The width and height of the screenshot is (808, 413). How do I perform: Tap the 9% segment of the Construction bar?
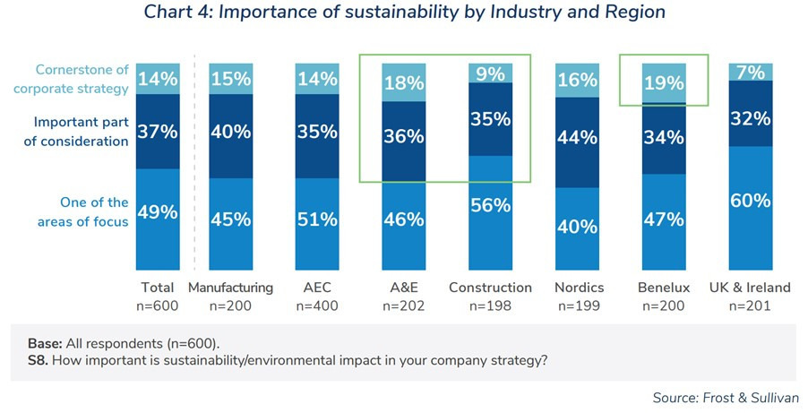(490, 73)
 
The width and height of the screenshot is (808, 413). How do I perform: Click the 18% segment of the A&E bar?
(403, 82)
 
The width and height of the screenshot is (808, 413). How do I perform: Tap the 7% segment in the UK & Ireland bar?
(751, 71)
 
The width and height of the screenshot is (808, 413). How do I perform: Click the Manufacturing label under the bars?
(230, 288)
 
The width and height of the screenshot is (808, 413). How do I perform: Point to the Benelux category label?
(664, 288)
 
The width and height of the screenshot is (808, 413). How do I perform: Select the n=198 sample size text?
(490, 305)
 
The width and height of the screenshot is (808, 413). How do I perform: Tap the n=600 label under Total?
(158, 305)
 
